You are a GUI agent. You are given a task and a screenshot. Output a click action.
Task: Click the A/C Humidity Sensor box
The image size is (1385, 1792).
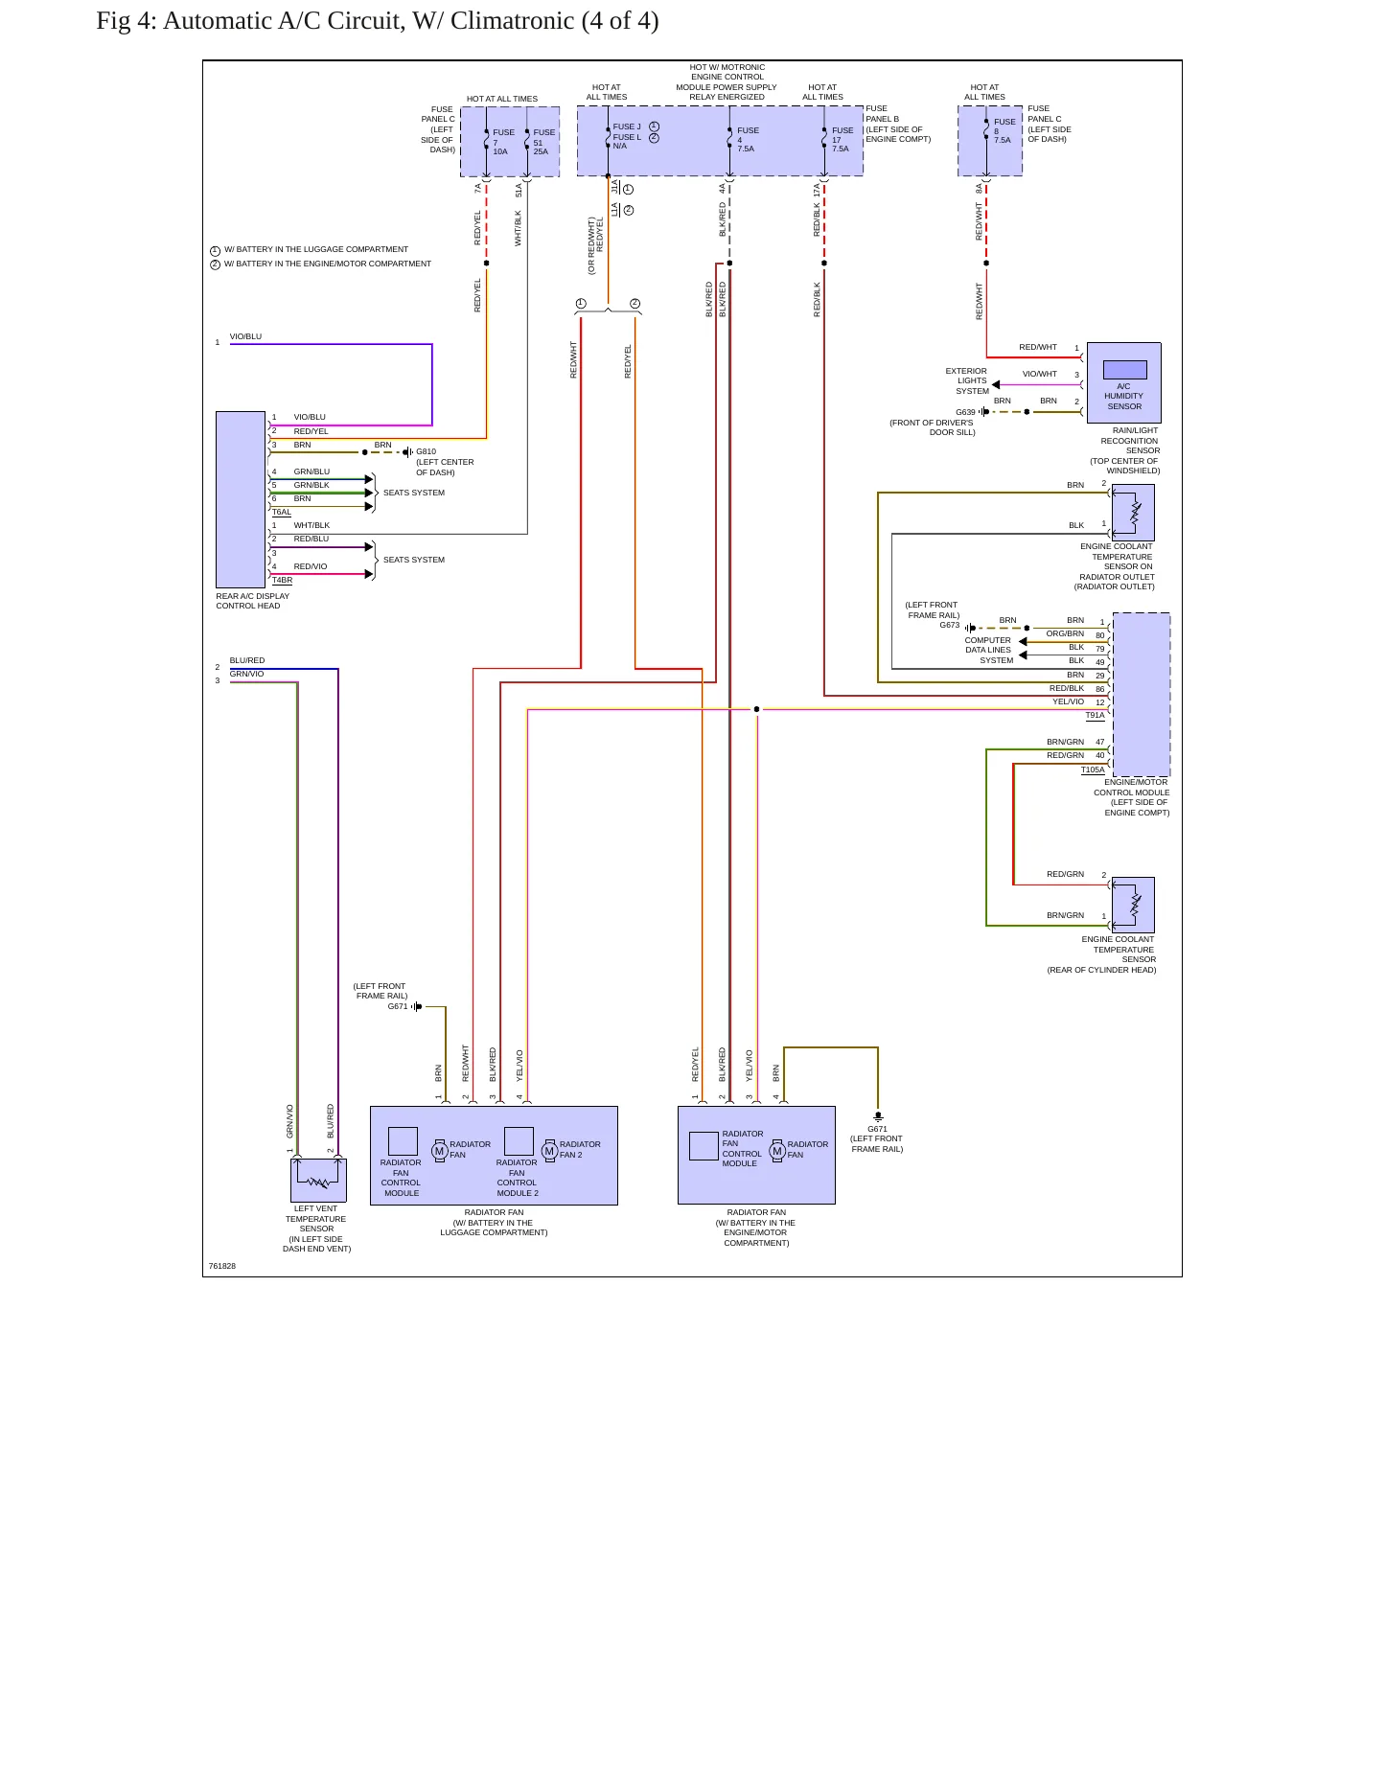click(x=1123, y=382)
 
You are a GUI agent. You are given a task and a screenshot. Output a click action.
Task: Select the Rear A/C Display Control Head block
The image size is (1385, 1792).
click(x=241, y=499)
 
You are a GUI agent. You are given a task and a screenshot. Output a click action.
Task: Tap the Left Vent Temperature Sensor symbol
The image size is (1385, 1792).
click(x=318, y=1180)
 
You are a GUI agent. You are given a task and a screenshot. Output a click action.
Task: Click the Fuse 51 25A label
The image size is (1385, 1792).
click(x=543, y=142)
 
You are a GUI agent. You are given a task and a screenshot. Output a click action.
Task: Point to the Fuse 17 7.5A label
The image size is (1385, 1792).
click(x=842, y=140)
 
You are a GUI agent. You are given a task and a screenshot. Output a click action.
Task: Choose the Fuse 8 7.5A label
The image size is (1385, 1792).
click(x=1004, y=131)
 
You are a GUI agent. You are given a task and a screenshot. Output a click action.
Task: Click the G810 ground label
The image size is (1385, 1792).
click(x=426, y=451)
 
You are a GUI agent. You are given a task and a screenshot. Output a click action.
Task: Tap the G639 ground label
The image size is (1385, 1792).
click(x=965, y=412)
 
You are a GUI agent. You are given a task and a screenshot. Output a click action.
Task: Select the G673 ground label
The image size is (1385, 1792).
click(x=949, y=625)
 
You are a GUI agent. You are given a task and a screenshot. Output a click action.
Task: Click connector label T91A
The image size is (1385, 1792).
click(x=1095, y=715)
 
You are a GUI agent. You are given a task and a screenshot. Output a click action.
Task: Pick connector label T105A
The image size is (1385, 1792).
click(x=1093, y=770)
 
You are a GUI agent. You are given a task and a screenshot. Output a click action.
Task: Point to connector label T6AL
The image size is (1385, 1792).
click(x=281, y=512)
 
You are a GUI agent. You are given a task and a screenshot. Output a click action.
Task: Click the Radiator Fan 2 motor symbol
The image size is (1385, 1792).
click(x=549, y=1150)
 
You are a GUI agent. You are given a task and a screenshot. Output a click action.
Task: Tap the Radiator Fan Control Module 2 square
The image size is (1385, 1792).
click(x=519, y=1141)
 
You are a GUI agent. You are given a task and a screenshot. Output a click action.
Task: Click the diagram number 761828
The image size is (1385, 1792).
click(x=222, y=1266)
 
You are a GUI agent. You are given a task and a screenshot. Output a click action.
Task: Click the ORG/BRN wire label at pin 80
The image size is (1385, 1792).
click(x=1065, y=633)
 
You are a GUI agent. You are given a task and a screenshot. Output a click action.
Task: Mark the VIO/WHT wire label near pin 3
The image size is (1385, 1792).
click(x=1039, y=374)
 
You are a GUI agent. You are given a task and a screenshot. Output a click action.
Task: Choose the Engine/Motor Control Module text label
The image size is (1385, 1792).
click(x=1132, y=797)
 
